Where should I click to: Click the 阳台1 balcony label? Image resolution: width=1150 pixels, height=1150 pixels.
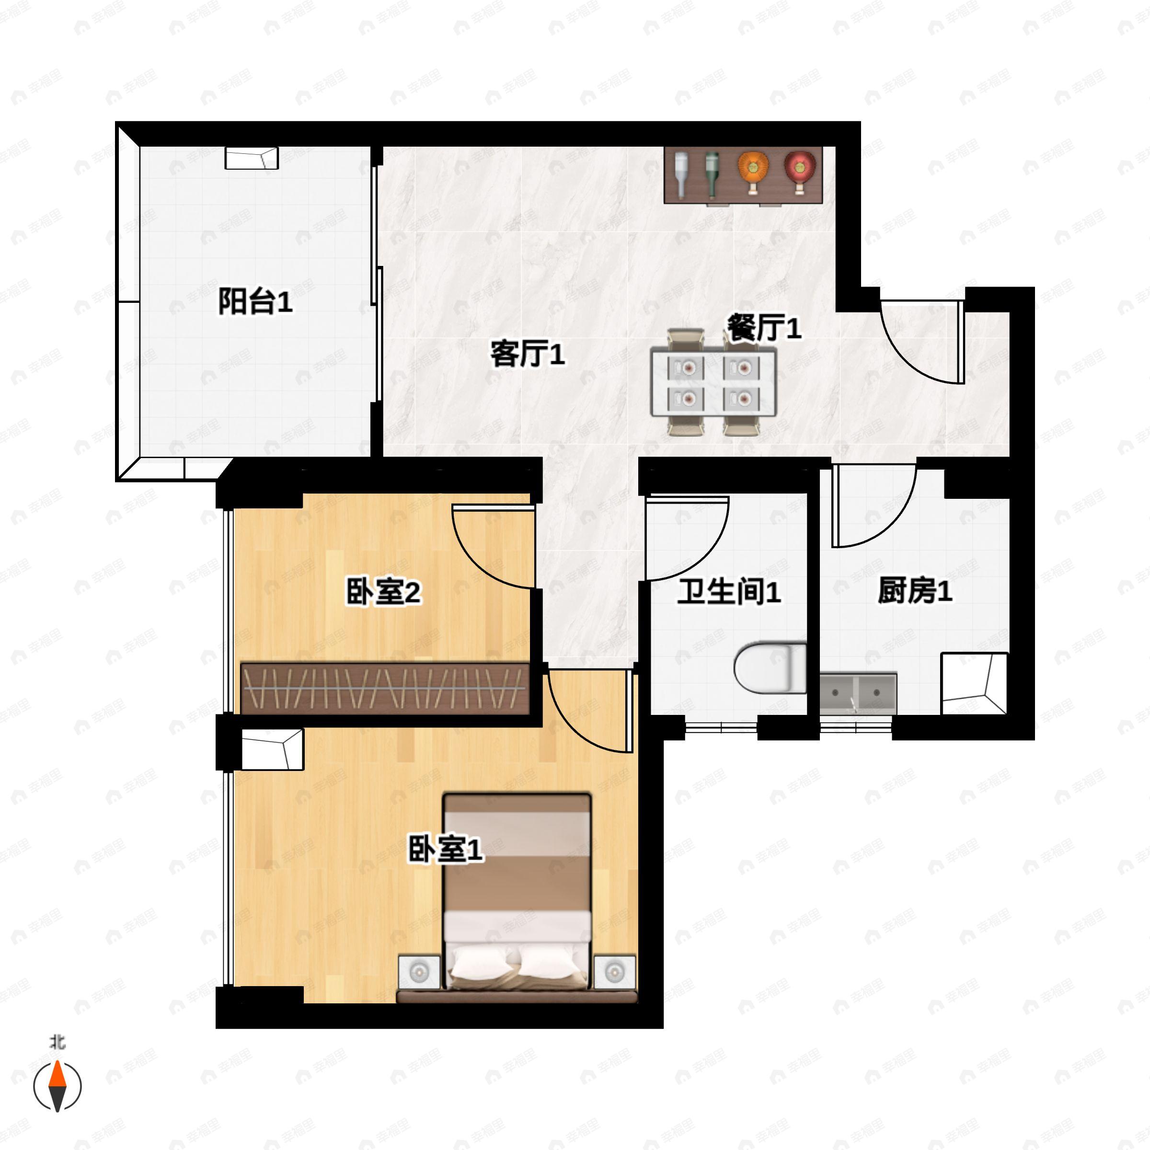click(255, 301)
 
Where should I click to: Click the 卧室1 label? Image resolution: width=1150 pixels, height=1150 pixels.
click(445, 849)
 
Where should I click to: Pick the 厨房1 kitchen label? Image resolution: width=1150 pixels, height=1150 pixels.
click(915, 591)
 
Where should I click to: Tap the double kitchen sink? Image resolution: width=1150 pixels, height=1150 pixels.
click(858, 693)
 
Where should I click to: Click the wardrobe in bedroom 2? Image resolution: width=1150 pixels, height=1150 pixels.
click(385, 688)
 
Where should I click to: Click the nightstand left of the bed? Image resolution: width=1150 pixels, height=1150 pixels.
click(420, 972)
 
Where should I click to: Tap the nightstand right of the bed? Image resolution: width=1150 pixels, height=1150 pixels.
click(614, 972)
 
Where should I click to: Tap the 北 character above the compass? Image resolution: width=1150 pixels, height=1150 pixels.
click(57, 1043)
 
